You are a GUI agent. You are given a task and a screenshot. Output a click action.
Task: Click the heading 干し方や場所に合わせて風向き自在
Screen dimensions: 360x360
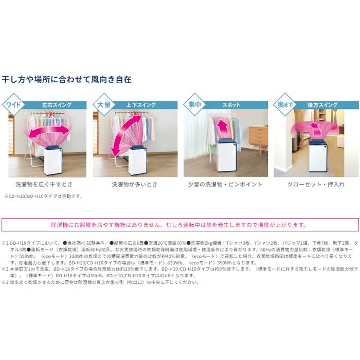(67, 80)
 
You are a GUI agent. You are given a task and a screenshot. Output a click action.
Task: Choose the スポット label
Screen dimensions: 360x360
(231, 105)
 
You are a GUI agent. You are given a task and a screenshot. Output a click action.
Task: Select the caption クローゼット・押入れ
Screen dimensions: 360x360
(314, 184)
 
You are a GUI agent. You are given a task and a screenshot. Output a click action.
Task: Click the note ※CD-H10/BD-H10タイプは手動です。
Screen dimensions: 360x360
(43, 196)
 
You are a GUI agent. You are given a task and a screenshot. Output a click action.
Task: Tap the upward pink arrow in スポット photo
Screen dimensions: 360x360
(222, 129)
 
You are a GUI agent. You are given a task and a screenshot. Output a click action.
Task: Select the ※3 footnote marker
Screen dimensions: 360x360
(6, 282)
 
